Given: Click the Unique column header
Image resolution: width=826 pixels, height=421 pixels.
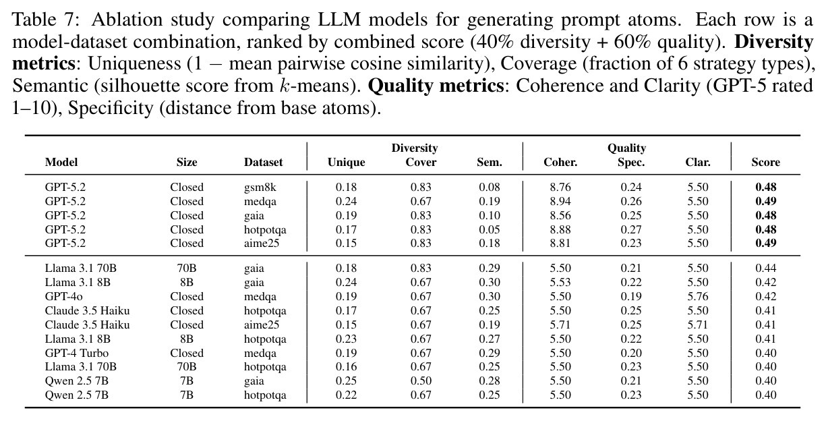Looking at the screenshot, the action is click(347, 163).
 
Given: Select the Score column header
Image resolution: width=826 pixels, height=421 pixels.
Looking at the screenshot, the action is click(765, 162).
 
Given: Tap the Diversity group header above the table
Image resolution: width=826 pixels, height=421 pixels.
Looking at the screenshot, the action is click(415, 148).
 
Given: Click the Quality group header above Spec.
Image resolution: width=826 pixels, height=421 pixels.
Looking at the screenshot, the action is click(627, 148).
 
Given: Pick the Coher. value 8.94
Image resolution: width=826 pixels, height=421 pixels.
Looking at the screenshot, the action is click(560, 202).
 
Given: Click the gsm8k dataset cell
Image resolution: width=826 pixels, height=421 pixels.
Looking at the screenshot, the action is click(260, 188).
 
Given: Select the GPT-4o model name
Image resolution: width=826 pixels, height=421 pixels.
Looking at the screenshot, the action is click(64, 297).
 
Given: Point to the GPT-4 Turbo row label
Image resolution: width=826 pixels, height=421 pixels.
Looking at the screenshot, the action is click(77, 353).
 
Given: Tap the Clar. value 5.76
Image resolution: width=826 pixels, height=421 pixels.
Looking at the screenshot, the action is click(698, 297).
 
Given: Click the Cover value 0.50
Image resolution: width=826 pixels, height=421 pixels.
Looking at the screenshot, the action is click(421, 381).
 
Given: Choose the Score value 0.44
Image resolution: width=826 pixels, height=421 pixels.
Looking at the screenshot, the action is click(765, 269).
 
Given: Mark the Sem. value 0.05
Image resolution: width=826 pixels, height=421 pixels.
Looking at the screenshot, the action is click(490, 230).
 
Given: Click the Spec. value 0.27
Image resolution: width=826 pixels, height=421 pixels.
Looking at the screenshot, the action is click(631, 230).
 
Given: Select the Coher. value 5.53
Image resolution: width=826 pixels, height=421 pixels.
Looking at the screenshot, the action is click(560, 282).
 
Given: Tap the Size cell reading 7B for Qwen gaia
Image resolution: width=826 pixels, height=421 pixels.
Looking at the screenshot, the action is click(187, 381).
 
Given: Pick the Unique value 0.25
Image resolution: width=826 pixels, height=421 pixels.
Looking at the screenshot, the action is click(347, 381).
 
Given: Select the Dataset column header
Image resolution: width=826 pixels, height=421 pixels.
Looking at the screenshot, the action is click(263, 163).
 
